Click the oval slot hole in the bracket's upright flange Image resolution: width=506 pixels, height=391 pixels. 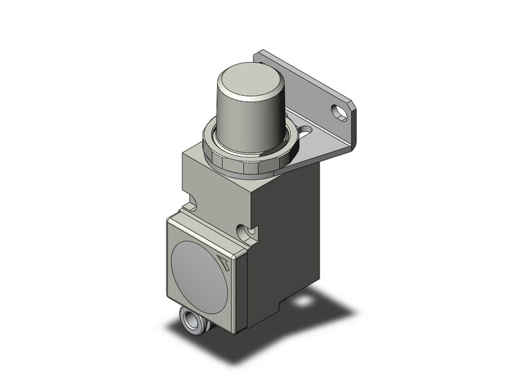coord(342,112)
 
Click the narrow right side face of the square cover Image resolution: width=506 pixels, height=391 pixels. coord(241,280)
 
